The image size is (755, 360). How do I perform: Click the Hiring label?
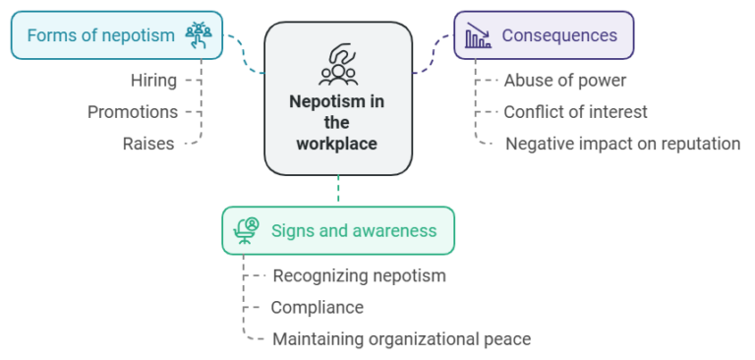[x=153, y=81]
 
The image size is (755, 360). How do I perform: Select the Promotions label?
[x=133, y=112]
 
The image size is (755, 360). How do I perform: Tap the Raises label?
[x=148, y=144]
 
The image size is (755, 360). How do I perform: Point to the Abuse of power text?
[x=565, y=81]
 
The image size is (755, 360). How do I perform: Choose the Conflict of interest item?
[x=575, y=112]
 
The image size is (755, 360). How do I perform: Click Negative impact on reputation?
[x=623, y=144]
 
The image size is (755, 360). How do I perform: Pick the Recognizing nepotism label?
[x=359, y=276]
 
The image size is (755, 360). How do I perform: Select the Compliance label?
[x=317, y=308]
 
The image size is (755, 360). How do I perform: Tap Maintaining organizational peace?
[x=401, y=339]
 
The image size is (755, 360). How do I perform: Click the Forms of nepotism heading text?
[x=100, y=35]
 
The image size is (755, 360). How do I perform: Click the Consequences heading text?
[x=559, y=35]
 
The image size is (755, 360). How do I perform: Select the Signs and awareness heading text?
[x=354, y=231]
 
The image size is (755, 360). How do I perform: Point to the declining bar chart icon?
[x=478, y=35]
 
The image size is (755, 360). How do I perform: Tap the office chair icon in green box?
[x=246, y=231]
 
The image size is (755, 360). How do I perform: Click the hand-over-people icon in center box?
[x=338, y=65]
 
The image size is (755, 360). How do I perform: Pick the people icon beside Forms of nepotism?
[x=199, y=35]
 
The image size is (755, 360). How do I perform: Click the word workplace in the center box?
[x=336, y=144]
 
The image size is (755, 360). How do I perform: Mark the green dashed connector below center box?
[x=338, y=191]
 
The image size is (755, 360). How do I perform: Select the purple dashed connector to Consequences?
[x=434, y=54]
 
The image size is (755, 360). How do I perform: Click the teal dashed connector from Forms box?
[x=244, y=54]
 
